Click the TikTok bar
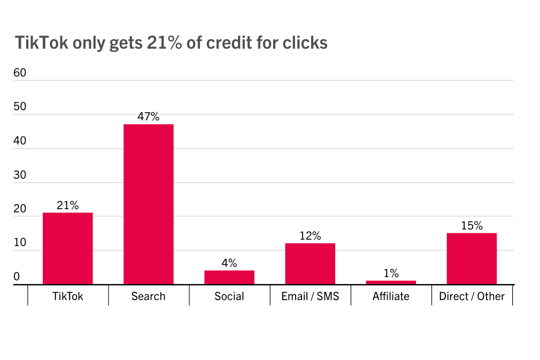tap(67, 248)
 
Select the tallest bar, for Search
tap(148, 204)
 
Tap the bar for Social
tap(229, 277)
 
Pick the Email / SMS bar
tap(310, 263)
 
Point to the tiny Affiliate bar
tap(391, 282)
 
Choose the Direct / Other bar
tap(472, 258)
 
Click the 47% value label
tap(148, 116)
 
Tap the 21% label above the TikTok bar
tap(67, 205)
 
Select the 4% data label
tap(229, 263)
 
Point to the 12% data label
tap(310, 235)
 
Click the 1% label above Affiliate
tap(391, 273)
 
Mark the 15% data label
tap(472, 225)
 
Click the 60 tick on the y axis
tap(20, 73)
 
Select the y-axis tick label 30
tap(20, 175)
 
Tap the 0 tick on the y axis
tap(17, 277)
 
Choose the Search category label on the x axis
tap(148, 296)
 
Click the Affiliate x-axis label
tap(391, 296)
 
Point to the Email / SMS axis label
tap(310, 296)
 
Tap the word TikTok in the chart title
tap(42, 43)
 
